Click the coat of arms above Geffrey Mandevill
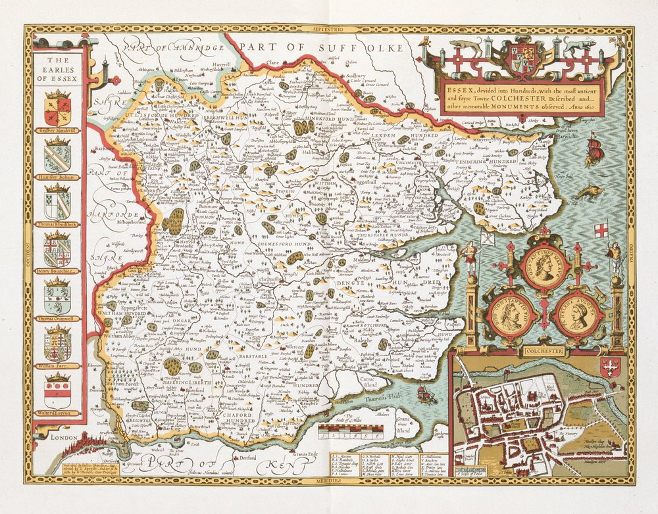pyautogui.click(x=58, y=108)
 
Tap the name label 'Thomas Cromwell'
pyautogui.click(x=58, y=318)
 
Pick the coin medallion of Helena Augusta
pyautogui.click(x=577, y=315)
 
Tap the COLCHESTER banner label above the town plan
pyautogui.click(x=540, y=351)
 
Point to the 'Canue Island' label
pyautogui.click(x=368, y=382)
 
